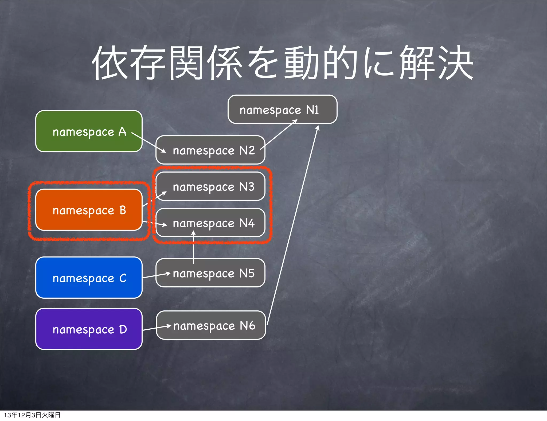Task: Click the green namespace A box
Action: (89, 131)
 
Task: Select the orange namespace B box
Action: (89, 210)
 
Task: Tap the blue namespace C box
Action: (89, 278)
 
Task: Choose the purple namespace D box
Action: (89, 329)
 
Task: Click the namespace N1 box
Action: (282, 109)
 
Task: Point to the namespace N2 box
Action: (210, 150)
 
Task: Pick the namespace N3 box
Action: (210, 186)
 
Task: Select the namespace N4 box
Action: (210, 223)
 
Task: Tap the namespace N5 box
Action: (210, 273)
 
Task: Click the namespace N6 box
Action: (211, 325)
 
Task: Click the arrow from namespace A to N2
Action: (149, 142)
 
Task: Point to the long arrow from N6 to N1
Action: (292, 224)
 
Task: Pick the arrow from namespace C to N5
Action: (156, 275)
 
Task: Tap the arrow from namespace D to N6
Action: (157, 328)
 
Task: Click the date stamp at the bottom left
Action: (32, 415)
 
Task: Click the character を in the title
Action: (263, 63)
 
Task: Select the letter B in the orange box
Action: (123, 210)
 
